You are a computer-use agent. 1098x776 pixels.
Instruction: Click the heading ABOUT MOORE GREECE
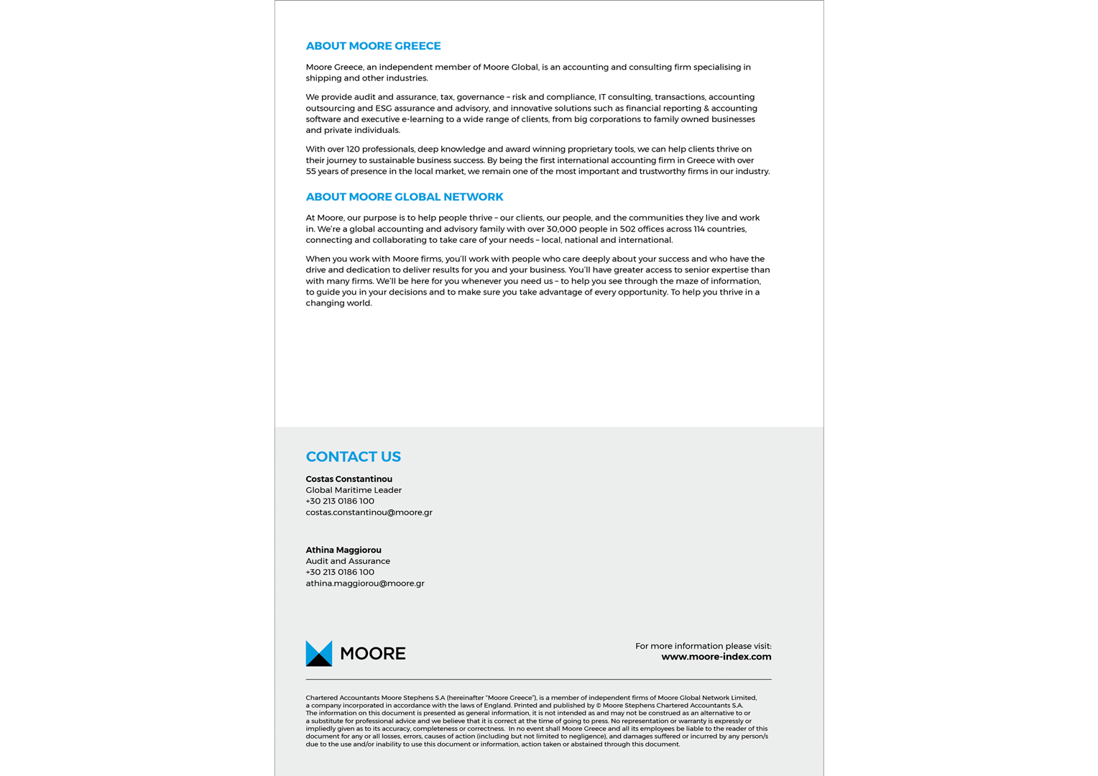click(373, 46)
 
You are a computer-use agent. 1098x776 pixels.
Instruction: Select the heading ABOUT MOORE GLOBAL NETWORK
click(404, 197)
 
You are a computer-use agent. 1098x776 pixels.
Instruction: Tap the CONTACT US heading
click(353, 457)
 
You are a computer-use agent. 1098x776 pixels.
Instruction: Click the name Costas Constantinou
click(349, 479)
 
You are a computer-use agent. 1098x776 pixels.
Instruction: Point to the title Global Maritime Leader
click(354, 490)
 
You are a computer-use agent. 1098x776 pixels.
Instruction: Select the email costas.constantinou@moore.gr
click(369, 512)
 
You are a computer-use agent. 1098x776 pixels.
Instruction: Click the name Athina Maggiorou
click(343, 550)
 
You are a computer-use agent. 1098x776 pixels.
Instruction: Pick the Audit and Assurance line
click(348, 561)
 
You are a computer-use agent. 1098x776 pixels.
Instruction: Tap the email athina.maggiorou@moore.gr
click(365, 583)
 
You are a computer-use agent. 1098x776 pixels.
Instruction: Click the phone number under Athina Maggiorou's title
click(340, 573)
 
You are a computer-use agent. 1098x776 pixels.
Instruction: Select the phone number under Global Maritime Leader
click(340, 502)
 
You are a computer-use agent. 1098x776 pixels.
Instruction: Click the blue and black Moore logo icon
click(319, 653)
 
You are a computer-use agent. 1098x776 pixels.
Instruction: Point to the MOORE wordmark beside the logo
click(372, 654)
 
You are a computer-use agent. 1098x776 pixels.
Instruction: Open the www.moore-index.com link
click(716, 657)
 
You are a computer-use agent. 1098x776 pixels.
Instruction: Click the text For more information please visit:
click(703, 646)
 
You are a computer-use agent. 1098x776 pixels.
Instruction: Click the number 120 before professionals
click(354, 149)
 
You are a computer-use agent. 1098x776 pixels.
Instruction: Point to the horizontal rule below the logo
click(538, 679)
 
